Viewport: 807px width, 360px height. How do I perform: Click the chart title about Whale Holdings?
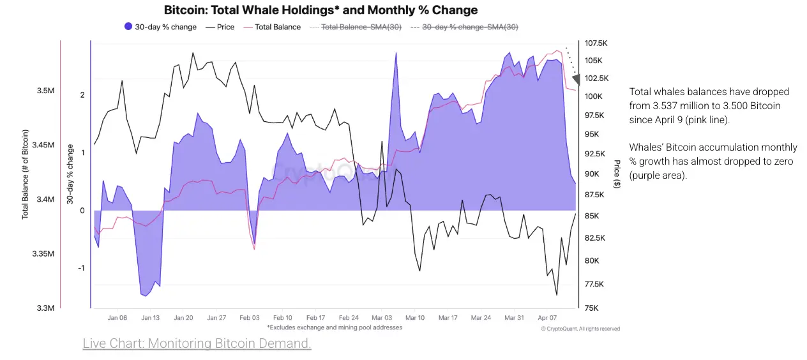(x=321, y=10)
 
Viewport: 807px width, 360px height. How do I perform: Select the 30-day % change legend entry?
(x=160, y=27)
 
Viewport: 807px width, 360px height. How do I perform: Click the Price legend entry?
(x=220, y=27)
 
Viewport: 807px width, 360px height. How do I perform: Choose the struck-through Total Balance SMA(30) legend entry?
(x=355, y=27)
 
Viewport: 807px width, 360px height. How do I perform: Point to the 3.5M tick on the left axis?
(x=45, y=91)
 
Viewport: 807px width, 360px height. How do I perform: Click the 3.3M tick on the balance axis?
(x=45, y=308)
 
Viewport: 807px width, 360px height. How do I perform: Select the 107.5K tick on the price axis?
(x=595, y=43)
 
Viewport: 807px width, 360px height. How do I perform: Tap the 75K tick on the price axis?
(x=591, y=308)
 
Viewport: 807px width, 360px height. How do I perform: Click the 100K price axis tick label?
(x=592, y=96)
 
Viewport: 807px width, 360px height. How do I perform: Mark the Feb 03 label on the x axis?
(x=250, y=318)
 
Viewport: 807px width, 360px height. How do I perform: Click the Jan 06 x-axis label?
(x=117, y=318)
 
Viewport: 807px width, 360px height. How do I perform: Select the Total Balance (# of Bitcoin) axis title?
(x=26, y=174)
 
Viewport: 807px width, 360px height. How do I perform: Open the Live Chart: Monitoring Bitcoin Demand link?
(x=197, y=344)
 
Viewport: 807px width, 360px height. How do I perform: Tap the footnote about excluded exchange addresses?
(x=335, y=327)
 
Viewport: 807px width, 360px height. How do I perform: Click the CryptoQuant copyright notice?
(x=580, y=329)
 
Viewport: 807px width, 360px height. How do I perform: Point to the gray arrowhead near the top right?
(x=576, y=79)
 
